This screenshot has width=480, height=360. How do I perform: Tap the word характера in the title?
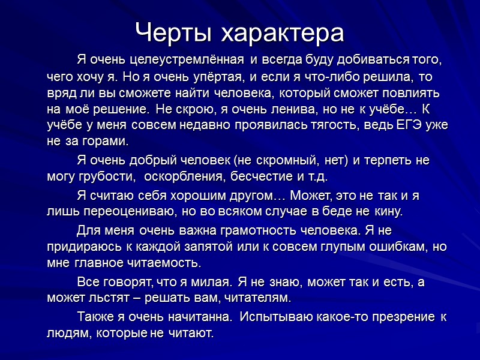point(283,34)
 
